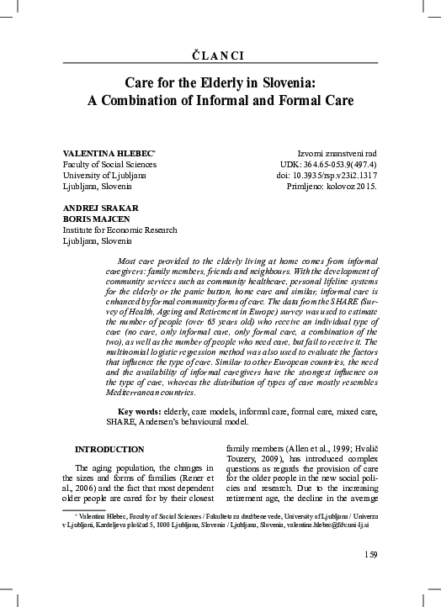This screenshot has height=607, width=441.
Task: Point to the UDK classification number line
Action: point(327,164)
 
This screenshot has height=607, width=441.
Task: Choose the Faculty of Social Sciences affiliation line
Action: point(109,164)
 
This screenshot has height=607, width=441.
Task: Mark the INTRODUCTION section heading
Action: point(109,450)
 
